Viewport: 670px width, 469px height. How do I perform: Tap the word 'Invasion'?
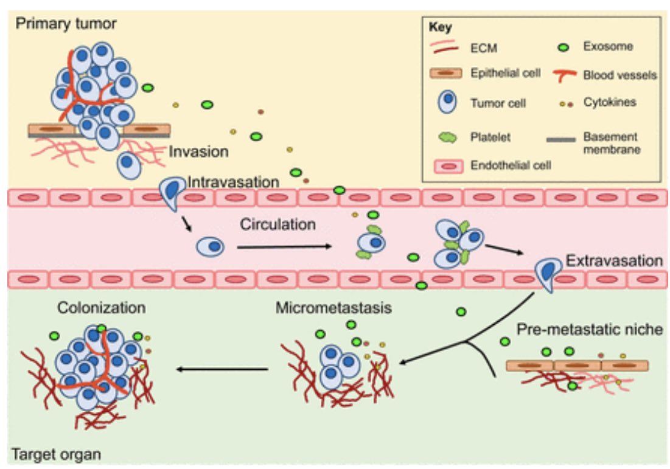(199, 151)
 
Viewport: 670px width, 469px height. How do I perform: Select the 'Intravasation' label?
(234, 182)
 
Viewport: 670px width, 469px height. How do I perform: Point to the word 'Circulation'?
(277, 224)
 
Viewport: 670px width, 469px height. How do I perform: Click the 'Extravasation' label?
(614, 261)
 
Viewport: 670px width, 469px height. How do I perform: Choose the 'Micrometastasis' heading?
(334, 308)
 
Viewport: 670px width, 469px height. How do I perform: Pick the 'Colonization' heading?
(102, 308)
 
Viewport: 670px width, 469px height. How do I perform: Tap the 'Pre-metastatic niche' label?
(590, 330)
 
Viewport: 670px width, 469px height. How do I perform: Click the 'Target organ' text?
(55, 454)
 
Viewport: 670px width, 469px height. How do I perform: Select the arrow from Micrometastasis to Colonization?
(222, 369)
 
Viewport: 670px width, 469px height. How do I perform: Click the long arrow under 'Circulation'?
(284, 247)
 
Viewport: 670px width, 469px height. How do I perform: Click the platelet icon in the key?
(447, 137)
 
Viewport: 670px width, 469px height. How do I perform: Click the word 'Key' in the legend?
(439, 27)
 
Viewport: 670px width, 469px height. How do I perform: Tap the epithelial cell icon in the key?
(447, 74)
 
